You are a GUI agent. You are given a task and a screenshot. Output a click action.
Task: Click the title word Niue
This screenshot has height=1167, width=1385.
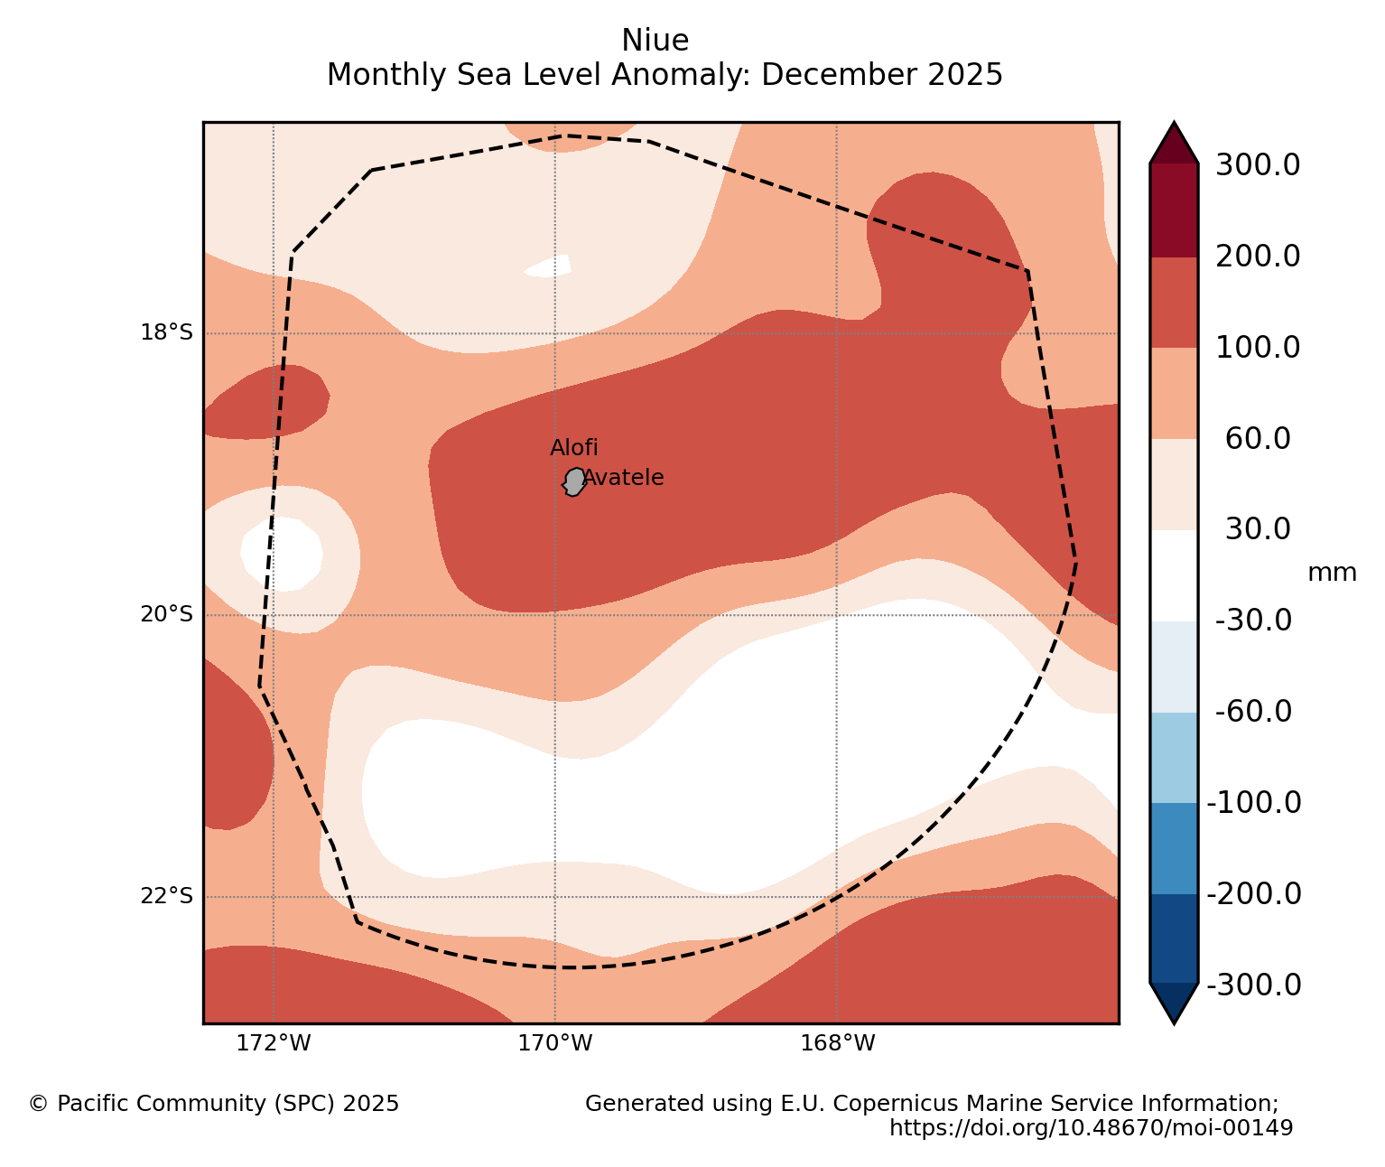[655, 41]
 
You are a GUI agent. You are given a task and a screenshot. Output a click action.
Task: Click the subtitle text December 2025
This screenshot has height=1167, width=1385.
[882, 75]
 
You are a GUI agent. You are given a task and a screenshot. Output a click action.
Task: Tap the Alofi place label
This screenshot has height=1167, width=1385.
[573, 448]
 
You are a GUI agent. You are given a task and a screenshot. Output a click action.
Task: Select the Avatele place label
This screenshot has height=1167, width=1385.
[624, 478]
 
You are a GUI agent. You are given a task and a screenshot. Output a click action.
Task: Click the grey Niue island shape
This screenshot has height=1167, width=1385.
[574, 481]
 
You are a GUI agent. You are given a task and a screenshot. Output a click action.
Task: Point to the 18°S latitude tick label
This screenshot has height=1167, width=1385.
[166, 333]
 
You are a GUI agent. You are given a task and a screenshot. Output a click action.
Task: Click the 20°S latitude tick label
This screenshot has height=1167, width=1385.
[166, 615]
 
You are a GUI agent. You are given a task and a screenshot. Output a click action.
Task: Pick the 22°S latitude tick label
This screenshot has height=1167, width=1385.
[166, 896]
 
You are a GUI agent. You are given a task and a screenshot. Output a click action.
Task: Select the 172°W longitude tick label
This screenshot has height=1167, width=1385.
[273, 1044]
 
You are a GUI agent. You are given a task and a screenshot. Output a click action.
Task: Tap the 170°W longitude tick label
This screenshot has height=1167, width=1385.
[554, 1044]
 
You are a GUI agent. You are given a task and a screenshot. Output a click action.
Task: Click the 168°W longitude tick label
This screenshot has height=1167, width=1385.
[837, 1044]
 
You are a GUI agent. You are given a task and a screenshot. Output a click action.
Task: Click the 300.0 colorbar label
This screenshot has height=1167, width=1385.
[1258, 165]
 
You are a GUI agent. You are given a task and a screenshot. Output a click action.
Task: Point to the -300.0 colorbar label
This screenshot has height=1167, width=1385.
[1254, 985]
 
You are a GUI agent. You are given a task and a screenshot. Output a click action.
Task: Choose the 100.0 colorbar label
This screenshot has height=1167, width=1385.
[1258, 348]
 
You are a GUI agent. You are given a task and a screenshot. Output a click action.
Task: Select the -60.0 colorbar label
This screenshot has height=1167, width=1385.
[1254, 712]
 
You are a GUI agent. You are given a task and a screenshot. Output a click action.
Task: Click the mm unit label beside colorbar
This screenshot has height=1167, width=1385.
[1332, 573]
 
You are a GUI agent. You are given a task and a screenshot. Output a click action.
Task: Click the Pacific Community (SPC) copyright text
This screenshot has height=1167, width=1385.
[214, 1104]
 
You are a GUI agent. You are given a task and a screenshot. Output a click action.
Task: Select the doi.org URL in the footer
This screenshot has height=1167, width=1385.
[1091, 1128]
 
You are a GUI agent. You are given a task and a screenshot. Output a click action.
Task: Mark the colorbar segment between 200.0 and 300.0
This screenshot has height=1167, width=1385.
[1174, 210]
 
